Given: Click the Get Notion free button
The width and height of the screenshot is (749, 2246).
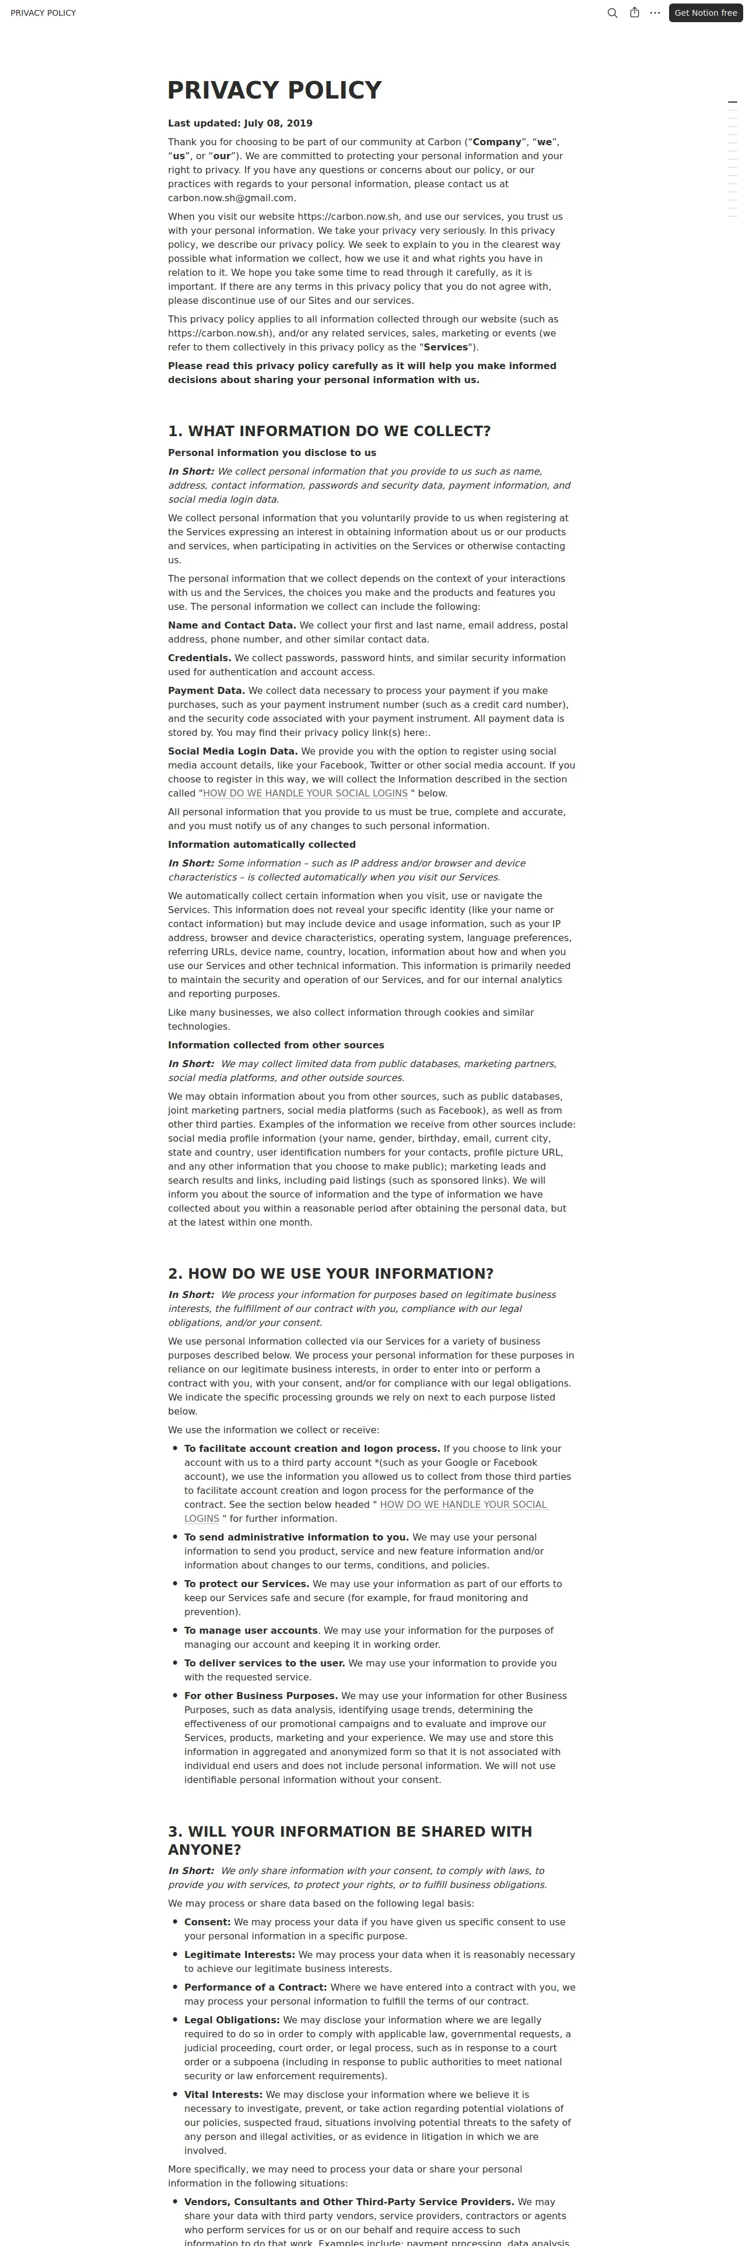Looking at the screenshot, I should pyautogui.click(x=705, y=13).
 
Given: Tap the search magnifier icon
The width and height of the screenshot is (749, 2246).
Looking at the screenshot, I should pyautogui.click(x=612, y=13).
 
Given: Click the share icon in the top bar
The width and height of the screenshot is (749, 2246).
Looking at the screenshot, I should pyautogui.click(x=634, y=13).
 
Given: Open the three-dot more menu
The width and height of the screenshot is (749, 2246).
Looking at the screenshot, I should pyautogui.click(x=655, y=13).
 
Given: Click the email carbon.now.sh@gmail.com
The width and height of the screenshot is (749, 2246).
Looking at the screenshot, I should pyautogui.click(x=231, y=198).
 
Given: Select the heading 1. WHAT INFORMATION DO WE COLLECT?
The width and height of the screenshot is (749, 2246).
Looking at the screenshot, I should pyautogui.click(x=329, y=431).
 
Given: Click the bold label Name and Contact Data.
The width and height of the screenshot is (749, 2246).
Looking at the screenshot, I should pyautogui.click(x=231, y=625).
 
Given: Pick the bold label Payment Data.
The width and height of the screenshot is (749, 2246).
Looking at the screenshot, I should pyautogui.click(x=206, y=690).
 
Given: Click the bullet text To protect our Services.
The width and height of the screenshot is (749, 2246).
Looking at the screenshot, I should pyautogui.click(x=246, y=1584).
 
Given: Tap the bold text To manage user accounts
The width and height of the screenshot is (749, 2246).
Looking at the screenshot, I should pyautogui.click(x=250, y=1630).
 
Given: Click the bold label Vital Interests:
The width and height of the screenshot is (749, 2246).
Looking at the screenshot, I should pyautogui.click(x=222, y=2094).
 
